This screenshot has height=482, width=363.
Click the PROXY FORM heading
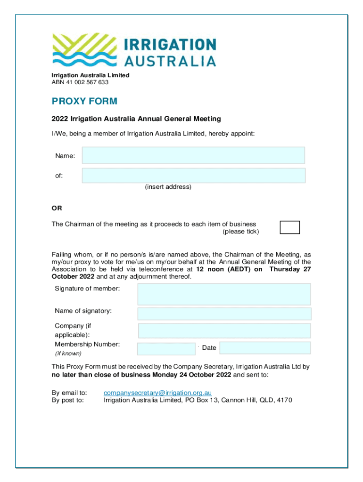tap(84, 101)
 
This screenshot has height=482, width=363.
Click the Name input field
tap(193, 155)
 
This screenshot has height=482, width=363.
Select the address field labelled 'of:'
tap(193, 176)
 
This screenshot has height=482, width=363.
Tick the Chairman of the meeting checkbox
tap(289, 227)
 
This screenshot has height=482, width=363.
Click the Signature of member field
tap(224, 294)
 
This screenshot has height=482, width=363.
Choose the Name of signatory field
tap(224, 314)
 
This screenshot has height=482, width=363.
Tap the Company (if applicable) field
tap(224, 330)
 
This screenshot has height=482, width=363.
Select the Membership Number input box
tap(166, 348)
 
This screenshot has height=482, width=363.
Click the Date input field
tap(265, 348)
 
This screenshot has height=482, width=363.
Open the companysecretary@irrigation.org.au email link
tap(157, 393)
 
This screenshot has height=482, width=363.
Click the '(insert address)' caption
tap(168, 187)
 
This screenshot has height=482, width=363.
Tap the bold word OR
tap(57, 208)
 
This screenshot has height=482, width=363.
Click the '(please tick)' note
tap(240, 232)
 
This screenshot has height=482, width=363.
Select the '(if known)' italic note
tap(68, 353)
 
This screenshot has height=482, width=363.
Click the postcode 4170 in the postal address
tap(284, 401)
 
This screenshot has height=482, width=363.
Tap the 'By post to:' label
tap(67, 401)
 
